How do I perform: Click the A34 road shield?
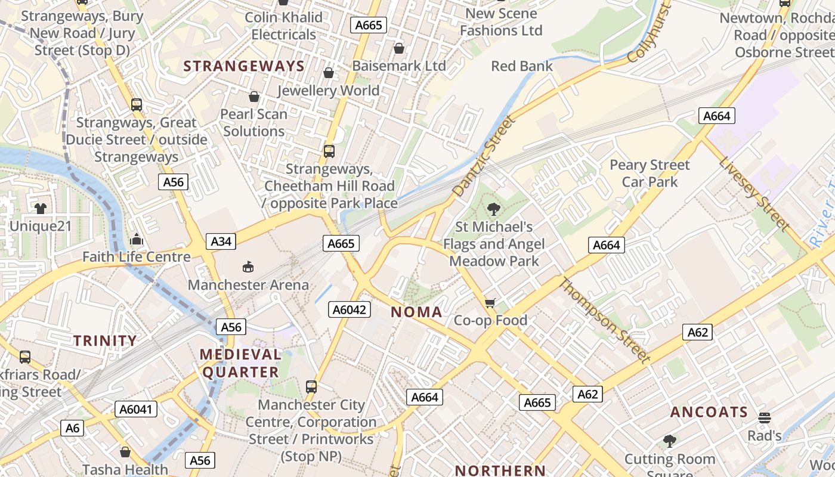pyautogui.click(x=221, y=241)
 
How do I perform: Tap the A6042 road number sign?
pyautogui.click(x=350, y=309)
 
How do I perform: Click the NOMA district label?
pyautogui.click(x=417, y=312)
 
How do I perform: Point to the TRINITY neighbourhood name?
pyautogui.click(x=105, y=340)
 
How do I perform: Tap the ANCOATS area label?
pyautogui.click(x=709, y=412)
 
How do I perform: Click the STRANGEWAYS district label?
pyautogui.click(x=244, y=66)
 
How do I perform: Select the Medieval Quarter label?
pyautogui.click(x=240, y=363)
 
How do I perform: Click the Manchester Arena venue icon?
pyautogui.click(x=248, y=267)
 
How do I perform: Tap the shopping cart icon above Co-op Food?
pyautogui.click(x=490, y=303)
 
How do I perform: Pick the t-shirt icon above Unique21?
pyautogui.click(x=40, y=209)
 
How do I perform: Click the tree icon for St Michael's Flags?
pyautogui.click(x=493, y=209)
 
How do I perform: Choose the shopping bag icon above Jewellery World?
pyautogui.click(x=328, y=73)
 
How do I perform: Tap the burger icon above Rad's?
pyautogui.click(x=765, y=418)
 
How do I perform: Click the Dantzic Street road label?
pyautogui.click(x=483, y=157)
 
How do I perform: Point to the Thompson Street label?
pyautogui.click(x=604, y=320)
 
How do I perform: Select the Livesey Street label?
pyautogui.click(x=754, y=194)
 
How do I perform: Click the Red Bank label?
pyautogui.click(x=522, y=66)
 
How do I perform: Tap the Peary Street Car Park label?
pyautogui.click(x=650, y=173)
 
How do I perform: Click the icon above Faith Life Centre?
pyautogui.click(x=137, y=240)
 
